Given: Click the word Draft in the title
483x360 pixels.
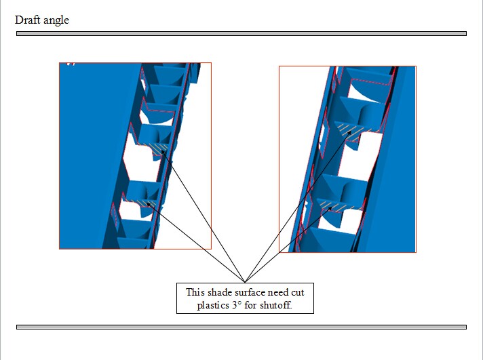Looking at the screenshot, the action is (x=27, y=20).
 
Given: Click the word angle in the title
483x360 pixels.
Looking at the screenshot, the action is (x=56, y=21).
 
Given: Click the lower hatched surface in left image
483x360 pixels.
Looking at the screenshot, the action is (x=144, y=203).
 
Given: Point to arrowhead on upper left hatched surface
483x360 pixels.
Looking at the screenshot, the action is (x=163, y=152).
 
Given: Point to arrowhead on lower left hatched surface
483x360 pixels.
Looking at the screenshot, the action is (x=148, y=204).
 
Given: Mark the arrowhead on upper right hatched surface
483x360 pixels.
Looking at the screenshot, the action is (x=350, y=132).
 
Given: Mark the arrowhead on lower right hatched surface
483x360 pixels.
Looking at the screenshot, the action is (x=330, y=209).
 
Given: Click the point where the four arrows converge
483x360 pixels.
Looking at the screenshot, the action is (x=245, y=282).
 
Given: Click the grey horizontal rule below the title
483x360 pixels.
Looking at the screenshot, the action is (x=241, y=34).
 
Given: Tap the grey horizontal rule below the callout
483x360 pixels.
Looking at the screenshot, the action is (x=241, y=327).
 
